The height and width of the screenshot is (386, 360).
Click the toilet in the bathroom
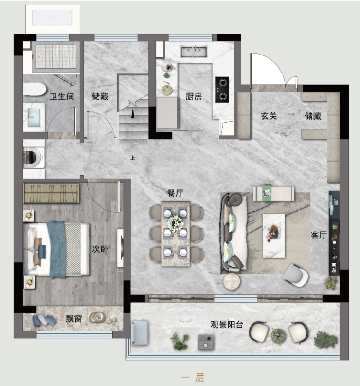click(x=35, y=89)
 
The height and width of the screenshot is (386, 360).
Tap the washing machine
click(x=34, y=158)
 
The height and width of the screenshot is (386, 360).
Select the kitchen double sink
click(x=194, y=52)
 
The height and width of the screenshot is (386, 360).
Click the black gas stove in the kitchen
click(x=222, y=90)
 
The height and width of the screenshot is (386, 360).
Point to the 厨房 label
click(x=194, y=97)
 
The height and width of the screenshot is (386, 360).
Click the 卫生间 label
click(x=62, y=96)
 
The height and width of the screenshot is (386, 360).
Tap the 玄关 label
click(x=269, y=116)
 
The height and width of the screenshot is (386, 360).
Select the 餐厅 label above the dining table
click(x=175, y=193)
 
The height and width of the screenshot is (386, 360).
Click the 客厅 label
click(x=319, y=235)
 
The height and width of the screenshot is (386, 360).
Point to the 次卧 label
click(x=100, y=249)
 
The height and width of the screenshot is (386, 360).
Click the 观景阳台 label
click(x=227, y=325)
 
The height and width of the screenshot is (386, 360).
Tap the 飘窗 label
click(x=74, y=319)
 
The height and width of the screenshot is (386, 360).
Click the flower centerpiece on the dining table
click(x=175, y=224)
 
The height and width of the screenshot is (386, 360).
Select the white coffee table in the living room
click(x=273, y=236)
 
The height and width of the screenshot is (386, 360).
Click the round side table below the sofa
click(x=232, y=281)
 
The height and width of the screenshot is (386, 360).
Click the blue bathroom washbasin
click(x=34, y=117)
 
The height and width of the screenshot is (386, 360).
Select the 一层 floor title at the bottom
click(x=193, y=377)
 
